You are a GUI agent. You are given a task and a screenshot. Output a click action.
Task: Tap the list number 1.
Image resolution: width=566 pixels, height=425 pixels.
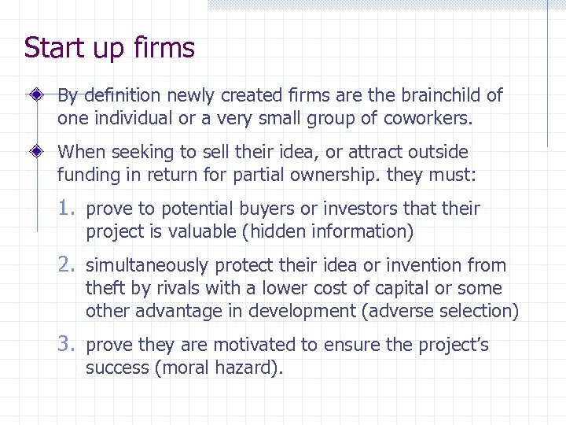coord(65,209)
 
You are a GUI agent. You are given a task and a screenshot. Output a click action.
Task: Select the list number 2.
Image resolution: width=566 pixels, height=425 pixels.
coord(65,265)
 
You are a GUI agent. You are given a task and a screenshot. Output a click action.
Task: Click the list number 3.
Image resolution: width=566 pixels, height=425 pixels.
coord(65,344)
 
